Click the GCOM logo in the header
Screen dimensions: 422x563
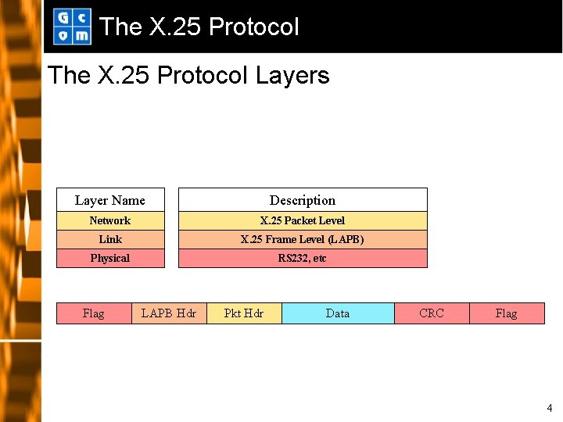pyautogui.click(x=72, y=27)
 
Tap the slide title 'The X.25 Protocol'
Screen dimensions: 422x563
pyautogui.click(x=199, y=27)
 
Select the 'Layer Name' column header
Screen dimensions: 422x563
pyautogui.click(x=110, y=200)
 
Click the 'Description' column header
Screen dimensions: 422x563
pyautogui.click(x=303, y=200)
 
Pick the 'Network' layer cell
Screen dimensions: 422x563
pyautogui.click(x=110, y=221)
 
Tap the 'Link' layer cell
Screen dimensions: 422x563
pyautogui.click(x=110, y=240)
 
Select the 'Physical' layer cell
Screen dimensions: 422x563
pyautogui.click(x=110, y=259)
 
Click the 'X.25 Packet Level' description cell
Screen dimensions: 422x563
pyautogui.click(x=303, y=221)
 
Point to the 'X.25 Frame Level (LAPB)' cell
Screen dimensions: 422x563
pyautogui.click(x=303, y=240)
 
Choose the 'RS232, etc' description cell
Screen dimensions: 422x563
pyautogui.click(x=303, y=259)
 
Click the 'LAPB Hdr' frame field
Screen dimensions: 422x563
pyautogui.click(x=169, y=313)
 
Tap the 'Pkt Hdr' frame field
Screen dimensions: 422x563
pyautogui.click(x=244, y=313)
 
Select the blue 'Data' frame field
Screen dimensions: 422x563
pyautogui.click(x=338, y=313)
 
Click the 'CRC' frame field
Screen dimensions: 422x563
pyautogui.click(x=432, y=313)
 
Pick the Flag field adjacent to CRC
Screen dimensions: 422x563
pyautogui.click(x=507, y=313)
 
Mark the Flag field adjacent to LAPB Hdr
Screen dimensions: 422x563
pyautogui.click(x=94, y=313)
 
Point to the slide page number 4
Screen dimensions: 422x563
pyautogui.click(x=549, y=408)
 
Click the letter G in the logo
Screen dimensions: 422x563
pyautogui.click(x=63, y=18)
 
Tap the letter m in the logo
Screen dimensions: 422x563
pyautogui.click(x=81, y=35)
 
